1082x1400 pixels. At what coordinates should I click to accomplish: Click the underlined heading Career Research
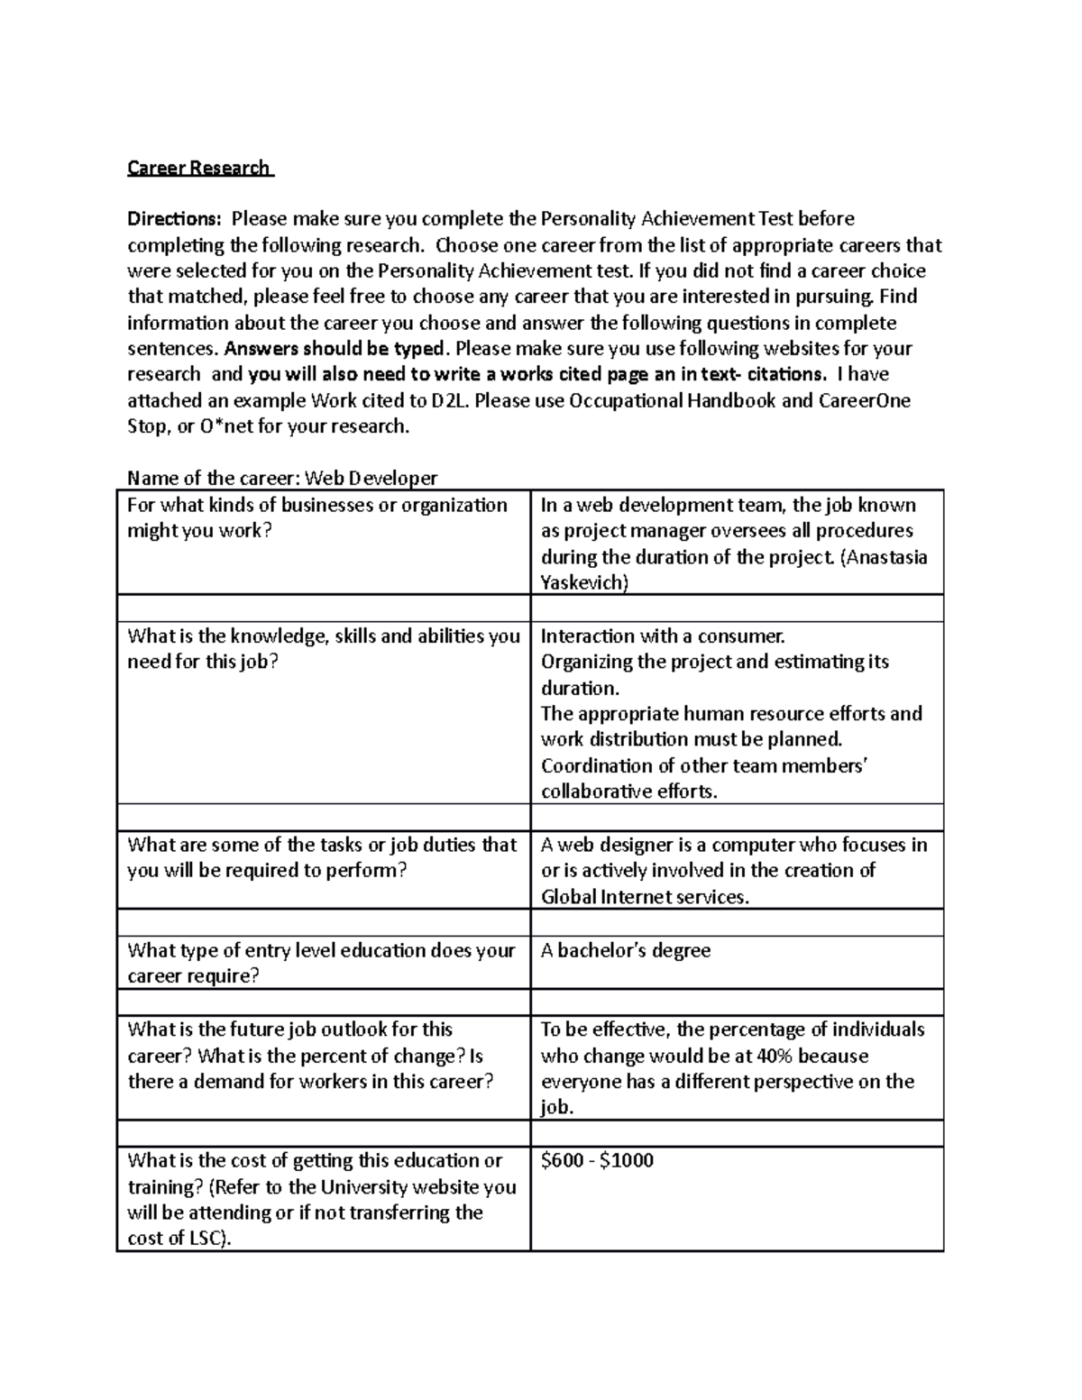198,168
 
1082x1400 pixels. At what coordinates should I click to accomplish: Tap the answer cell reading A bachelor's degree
625,950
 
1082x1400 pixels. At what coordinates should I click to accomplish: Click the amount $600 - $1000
597,1161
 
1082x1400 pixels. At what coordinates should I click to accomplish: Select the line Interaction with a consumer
663,636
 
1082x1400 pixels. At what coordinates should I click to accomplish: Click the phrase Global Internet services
644,897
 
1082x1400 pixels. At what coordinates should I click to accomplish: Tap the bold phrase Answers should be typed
335,349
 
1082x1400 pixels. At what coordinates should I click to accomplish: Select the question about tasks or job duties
322,857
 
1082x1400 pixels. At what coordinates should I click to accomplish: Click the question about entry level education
321,963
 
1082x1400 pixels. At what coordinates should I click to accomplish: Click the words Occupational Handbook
673,401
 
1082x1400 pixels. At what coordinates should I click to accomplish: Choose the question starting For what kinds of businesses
317,517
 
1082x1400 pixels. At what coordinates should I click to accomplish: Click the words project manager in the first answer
630,531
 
